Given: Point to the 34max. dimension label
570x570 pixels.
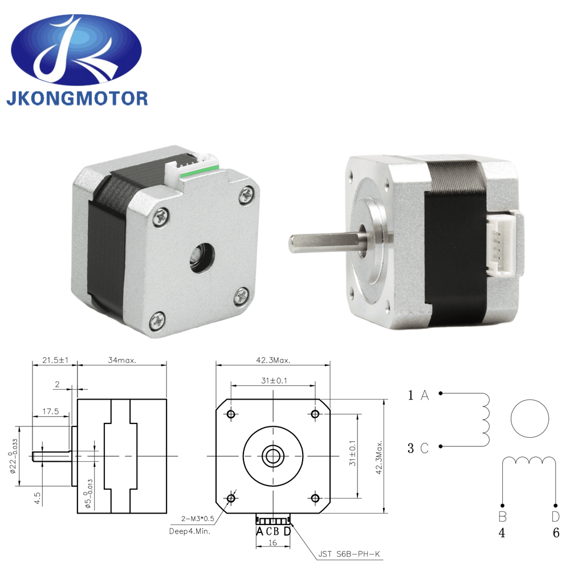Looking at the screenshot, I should click(x=121, y=361).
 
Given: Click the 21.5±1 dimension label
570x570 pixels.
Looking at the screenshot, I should click(x=55, y=361).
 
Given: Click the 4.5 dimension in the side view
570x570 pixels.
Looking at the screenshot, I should click(x=37, y=498).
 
